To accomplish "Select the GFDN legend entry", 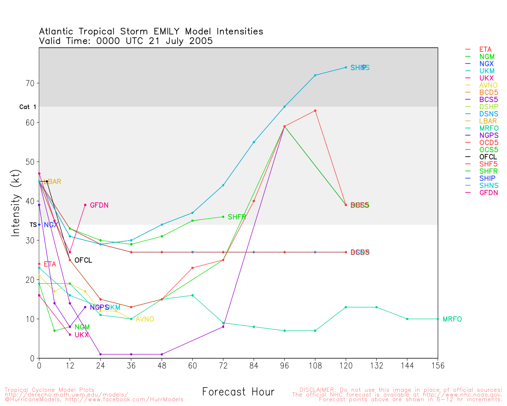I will [x=488, y=193].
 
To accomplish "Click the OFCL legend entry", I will [x=488, y=157].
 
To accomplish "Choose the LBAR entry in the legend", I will [x=488, y=121].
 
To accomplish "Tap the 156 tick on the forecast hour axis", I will [x=438, y=366].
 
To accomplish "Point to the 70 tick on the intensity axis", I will [x=30, y=83].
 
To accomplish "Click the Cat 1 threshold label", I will [x=28, y=107].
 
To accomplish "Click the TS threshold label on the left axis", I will [x=33, y=225].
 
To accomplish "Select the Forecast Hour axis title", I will [x=238, y=392].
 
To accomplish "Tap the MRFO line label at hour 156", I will [x=452, y=319].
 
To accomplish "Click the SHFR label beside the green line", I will [x=237, y=217].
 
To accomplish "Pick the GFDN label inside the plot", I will [x=99, y=205].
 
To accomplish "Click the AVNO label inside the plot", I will [x=145, y=319].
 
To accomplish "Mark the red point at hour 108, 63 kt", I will [x=315, y=111].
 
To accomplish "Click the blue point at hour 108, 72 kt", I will [x=315, y=75].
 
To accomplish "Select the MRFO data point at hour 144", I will [x=407, y=319].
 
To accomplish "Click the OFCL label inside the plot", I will [x=83, y=260].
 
